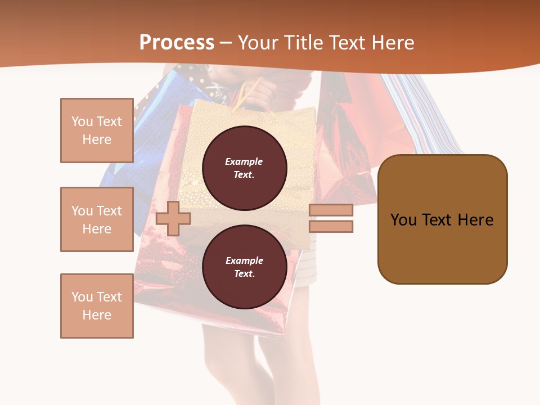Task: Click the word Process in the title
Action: [177, 43]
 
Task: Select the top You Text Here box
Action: [97, 130]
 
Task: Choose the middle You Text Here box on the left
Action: [97, 219]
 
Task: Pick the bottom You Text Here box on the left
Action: [97, 306]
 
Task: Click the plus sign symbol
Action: [173, 218]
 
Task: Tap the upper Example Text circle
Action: [244, 168]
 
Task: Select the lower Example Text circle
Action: [244, 267]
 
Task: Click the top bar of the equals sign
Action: [331, 210]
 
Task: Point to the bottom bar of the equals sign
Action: [331, 227]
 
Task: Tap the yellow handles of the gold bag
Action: [247, 93]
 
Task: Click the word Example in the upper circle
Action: [244, 161]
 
